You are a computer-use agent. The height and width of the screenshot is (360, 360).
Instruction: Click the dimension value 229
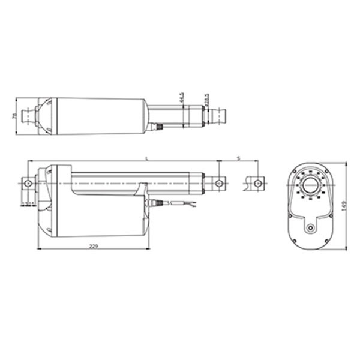[94, 247]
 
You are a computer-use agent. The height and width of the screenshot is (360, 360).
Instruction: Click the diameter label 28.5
[206, 98]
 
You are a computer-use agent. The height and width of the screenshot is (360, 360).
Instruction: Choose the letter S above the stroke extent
[239, 158]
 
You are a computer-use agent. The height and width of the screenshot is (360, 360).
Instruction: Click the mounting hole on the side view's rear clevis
[26, 183]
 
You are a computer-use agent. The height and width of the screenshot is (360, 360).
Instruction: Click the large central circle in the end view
[310, 185]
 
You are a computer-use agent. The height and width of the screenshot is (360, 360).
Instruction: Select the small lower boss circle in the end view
[310, 229]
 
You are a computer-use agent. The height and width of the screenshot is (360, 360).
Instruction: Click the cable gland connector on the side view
[155, 203]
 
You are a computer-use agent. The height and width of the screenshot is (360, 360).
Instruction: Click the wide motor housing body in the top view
[99, 115]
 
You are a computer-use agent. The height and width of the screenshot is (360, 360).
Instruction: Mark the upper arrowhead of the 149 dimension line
[347, 162]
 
